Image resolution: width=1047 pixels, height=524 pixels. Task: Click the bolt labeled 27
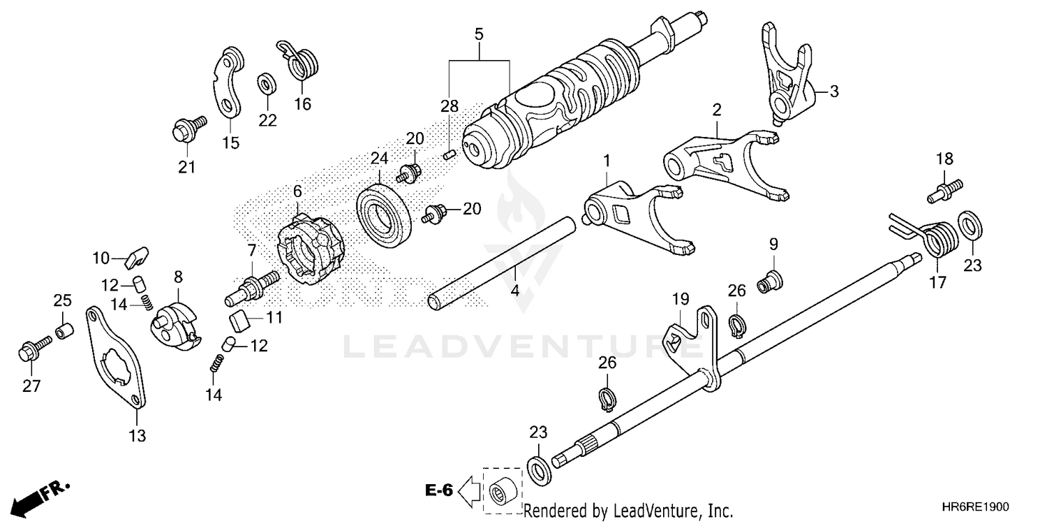[32, 350]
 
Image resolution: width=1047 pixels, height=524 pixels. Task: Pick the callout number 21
[186, 167]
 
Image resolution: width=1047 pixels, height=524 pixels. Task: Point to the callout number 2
[717, 110]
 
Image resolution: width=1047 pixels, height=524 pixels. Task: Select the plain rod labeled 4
[503, 262]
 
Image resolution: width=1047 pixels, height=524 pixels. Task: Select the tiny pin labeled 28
[450, 154]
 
